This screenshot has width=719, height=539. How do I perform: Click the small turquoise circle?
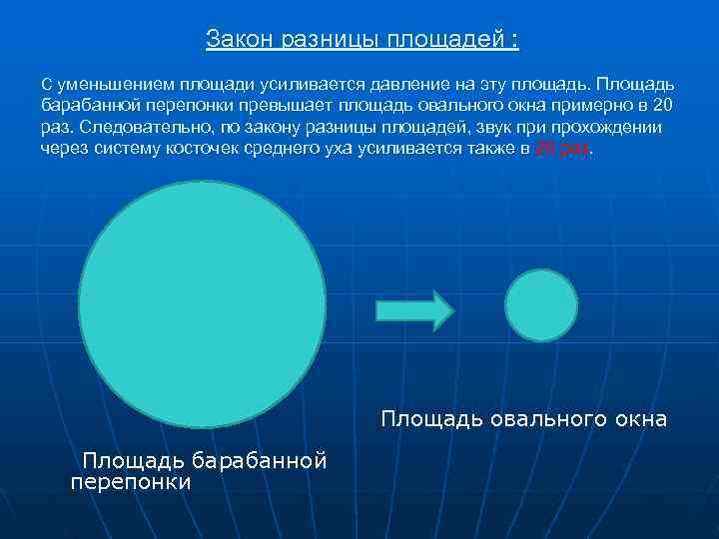542,304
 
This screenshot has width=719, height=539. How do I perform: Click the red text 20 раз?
563,148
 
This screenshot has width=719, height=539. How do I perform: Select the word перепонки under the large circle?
131,481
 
